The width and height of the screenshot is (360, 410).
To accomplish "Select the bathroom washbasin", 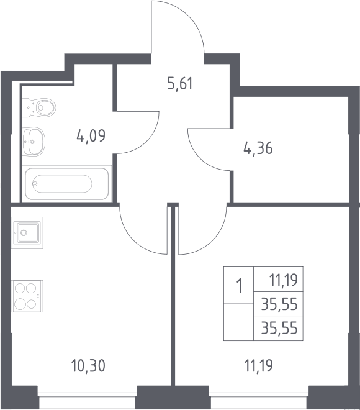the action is click(34, 142).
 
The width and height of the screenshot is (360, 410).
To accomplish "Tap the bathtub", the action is click(66, 183).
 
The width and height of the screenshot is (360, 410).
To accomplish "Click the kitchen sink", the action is click(27, 233).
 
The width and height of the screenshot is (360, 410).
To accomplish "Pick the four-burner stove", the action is click(27, 296).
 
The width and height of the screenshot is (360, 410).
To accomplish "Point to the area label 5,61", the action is click(180, 84).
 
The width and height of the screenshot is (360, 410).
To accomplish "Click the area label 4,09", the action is click(91, 135).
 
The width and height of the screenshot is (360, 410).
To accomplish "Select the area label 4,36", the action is click(258, 148).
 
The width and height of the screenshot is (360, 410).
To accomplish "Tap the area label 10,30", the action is click(88, 365).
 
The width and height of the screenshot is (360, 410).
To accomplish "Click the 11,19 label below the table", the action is click(258, 365).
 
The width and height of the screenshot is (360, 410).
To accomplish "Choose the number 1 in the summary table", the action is click(239, 286).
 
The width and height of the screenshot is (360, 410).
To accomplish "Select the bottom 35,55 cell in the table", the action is click(279, 328).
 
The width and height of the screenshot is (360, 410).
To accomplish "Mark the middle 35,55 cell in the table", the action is click(279, 304).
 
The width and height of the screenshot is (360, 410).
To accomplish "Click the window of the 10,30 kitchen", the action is click(88, 398).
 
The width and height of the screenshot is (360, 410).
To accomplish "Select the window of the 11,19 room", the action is click(259, 398).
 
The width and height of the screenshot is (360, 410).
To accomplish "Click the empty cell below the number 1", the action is click(238, 322).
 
